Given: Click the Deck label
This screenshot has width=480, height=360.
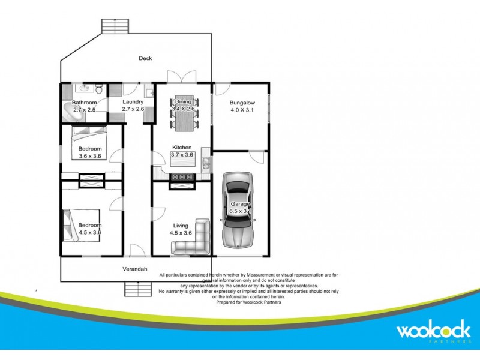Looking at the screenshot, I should tap(145, 58).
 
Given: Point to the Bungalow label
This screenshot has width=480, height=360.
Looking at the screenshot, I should tap(242, 103).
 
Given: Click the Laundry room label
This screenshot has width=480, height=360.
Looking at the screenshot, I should tap(132, 102).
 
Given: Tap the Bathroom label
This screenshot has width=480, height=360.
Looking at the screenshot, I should tap(85, 103).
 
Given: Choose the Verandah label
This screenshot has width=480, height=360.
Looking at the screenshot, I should tap(135, 269).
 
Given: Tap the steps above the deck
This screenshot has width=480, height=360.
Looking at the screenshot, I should tap(115, 26).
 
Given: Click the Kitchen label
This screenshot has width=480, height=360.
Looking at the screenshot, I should tap(182, 148).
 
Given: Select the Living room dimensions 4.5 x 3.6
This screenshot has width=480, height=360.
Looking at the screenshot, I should tap(181, 233).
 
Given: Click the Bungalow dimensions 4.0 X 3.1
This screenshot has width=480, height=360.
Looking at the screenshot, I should tap(242, 110).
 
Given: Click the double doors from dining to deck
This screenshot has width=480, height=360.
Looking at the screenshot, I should tap(181, 78).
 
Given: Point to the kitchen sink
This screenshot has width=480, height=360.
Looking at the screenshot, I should tap(206, 163).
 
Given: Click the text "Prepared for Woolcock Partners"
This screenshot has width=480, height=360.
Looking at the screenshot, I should tap(248, 302).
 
